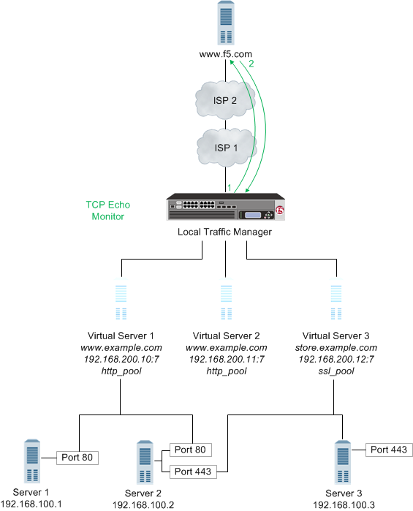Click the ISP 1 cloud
coord(226,147)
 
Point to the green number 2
coord(251,64)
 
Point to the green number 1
coord(229,188)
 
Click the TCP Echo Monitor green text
coord(105,211)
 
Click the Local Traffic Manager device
coord(225,208)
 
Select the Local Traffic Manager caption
coord(225,232)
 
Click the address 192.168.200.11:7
coord(225,360)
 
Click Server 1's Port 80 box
coord(77,458)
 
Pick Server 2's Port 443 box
coord(192,472)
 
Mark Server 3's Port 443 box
coord(390,450)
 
